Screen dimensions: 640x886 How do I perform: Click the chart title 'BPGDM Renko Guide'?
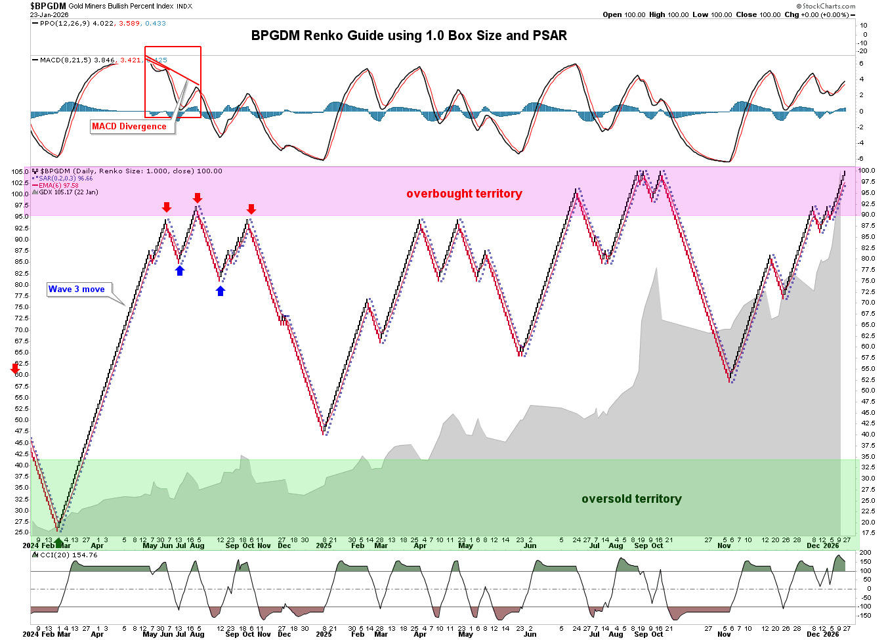point(409,35)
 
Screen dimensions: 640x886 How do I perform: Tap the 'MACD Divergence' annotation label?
point(129,126)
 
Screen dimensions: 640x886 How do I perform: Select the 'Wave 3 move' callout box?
point(77,289)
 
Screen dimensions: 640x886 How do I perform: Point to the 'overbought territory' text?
point(464,194)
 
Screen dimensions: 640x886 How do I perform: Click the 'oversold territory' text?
point(631,499)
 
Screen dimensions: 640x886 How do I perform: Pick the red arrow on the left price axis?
point(15,369)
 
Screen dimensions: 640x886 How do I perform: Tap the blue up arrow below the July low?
point(180,270)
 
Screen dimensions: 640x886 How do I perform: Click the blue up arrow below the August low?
point(221,291)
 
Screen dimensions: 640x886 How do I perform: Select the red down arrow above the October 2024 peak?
point(251,209)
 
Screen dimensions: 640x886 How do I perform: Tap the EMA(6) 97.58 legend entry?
point(58,186)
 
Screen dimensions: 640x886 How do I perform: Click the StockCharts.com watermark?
point(829,7)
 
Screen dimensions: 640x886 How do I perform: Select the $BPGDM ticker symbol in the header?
point(48,6)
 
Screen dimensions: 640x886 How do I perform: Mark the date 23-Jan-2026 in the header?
point(49,14)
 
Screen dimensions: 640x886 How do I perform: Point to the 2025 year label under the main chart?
point(324,545)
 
